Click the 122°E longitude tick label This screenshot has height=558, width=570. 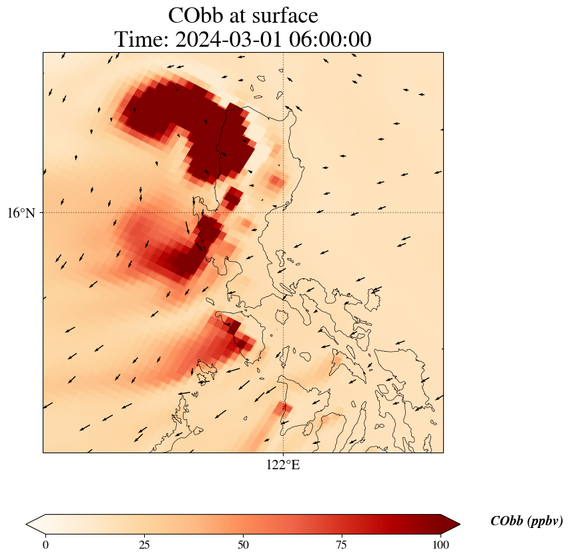click(x=283, y=465)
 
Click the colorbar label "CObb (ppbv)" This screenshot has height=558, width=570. click(x=526, y=521)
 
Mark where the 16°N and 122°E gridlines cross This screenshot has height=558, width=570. click(x=284, y=212)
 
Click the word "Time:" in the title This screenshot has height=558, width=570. click(x=141, y=39)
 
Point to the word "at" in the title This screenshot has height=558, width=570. click(x=238, y=15)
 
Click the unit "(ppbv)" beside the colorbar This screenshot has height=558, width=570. click(x=545, y=521)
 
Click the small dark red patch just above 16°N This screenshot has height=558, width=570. click(x=233, y=198)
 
